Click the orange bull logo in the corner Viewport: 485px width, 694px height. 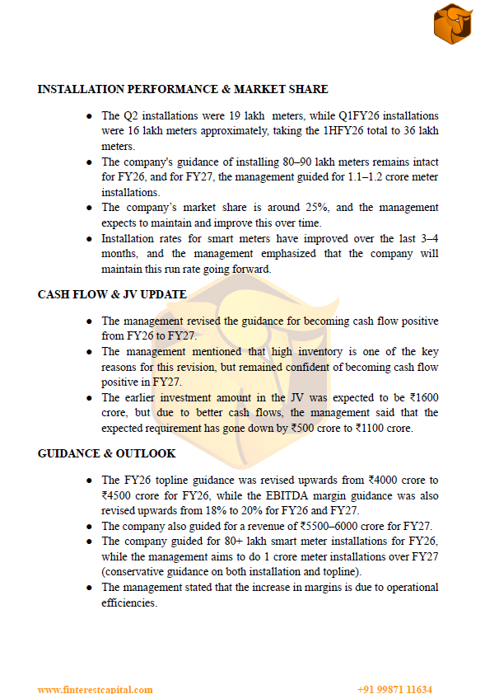(x=453, y=24)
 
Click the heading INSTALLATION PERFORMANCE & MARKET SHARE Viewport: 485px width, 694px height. (x=183, y=89)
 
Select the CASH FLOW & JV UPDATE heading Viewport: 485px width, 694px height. (x=112, y=294)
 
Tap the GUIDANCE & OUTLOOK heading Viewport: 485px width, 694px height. (x=106, y=453)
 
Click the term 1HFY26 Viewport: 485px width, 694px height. (x=332, y=130)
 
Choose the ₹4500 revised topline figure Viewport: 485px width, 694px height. (x=116, y=495)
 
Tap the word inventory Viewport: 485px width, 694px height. (x=287, y=351)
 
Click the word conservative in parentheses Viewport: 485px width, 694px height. (x=133, y=571)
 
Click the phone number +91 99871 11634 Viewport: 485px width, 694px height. (x=394, y=689)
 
